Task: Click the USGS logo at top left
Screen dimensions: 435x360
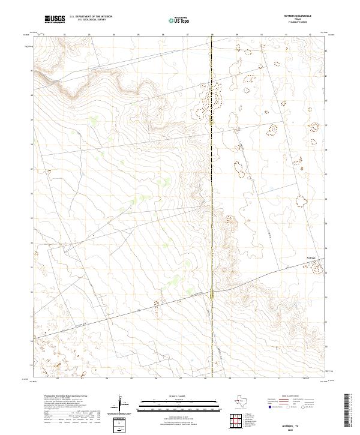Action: click(55, 19)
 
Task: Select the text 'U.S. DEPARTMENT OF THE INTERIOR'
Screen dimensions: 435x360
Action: click(91, 17)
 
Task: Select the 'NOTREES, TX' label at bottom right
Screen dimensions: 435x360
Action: click(308, 424)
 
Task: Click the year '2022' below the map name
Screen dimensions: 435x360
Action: click(308, 429)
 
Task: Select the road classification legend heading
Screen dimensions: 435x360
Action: click(289, 396)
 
